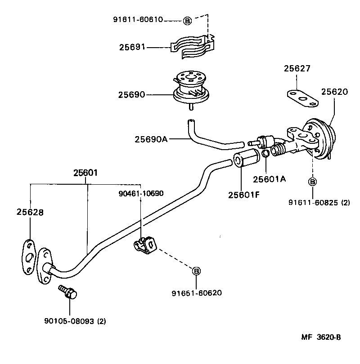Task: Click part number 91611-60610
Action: [x=137, y=20]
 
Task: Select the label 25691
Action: [x=132, y=47]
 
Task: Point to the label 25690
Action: [x=131, y=94]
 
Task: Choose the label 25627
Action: [x=297, y=68]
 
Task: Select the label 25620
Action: [x=334, y=92]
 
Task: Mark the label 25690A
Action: [x=151, y=139]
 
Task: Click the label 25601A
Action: [x=270, y=179]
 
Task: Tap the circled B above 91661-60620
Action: [x=196, y=271]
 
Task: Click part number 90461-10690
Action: [x=141, y=193]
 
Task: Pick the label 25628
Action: [x=30, y=212]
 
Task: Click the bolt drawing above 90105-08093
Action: [x=68, y=293]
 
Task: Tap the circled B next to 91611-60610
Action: [x=188, y=20]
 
